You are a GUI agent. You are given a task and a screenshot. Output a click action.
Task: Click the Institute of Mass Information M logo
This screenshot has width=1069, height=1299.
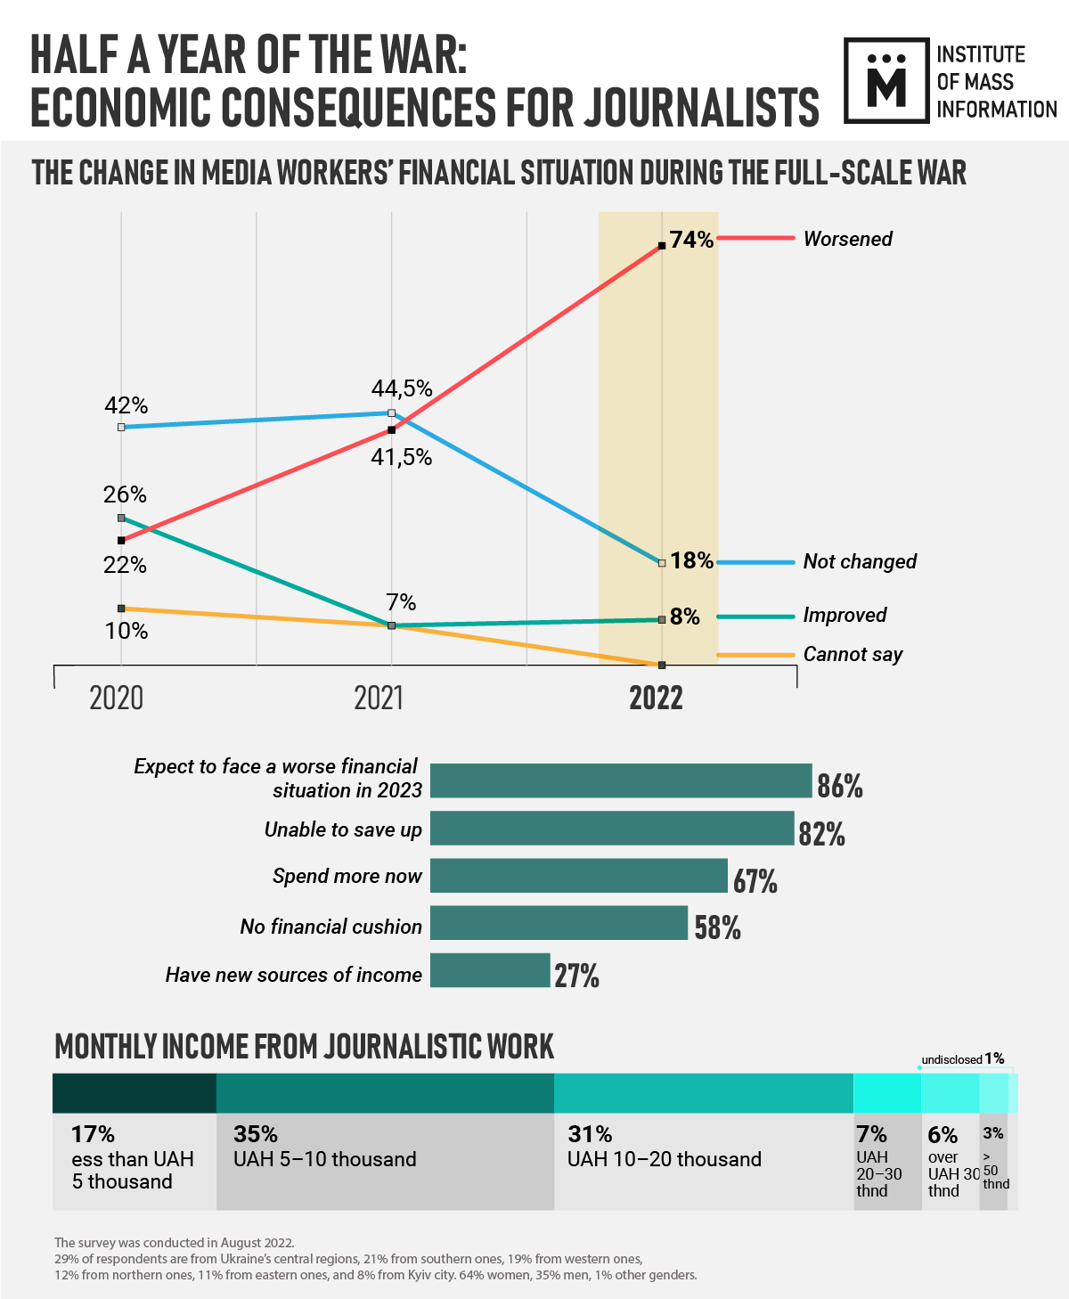coord(887,80)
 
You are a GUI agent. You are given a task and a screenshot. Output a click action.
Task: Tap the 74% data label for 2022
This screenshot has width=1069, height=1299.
coord(691,240)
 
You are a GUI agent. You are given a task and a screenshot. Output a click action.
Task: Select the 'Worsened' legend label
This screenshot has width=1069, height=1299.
coord(847,239)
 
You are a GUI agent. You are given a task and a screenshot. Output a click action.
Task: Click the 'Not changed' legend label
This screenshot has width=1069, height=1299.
coord(860,561)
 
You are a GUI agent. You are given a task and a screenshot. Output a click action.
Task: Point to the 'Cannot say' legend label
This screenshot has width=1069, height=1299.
coord(853,655)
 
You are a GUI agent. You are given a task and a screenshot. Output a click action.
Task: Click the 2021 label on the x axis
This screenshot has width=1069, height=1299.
coord(379,698)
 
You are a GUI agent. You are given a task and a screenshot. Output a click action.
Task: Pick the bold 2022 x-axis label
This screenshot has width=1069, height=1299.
coord(656,698)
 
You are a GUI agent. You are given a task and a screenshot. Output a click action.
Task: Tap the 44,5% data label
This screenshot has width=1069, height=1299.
coord(402,388)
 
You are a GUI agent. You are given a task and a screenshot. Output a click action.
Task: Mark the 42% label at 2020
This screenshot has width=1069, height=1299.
coord(126,405)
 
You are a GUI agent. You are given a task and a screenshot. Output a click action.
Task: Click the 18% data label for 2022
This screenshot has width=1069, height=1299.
coord(692,560)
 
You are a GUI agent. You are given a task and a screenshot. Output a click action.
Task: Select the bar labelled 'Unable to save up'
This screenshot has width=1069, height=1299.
coord(612,829)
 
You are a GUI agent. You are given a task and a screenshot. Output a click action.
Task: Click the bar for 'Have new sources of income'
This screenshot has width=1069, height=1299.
coord(490,970)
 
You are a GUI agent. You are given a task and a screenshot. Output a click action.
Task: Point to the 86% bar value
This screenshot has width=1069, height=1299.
coord(839,786)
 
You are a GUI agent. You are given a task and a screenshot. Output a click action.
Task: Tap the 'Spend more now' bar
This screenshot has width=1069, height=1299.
coord(579,876)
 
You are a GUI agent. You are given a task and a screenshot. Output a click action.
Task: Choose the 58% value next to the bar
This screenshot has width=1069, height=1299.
coord(717,927)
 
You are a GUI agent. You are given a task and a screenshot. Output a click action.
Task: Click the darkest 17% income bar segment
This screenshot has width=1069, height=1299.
coord(135,1093)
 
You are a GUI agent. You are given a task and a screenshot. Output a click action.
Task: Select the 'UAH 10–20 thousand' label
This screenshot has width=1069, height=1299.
coord(665,1159)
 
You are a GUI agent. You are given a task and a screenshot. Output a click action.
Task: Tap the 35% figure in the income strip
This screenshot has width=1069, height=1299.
coord(256,1134)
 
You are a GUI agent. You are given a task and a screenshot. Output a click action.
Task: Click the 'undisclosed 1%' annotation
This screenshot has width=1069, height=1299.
coord(963,1059)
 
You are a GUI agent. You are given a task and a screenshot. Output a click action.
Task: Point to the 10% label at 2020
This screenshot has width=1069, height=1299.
coord(126,631)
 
